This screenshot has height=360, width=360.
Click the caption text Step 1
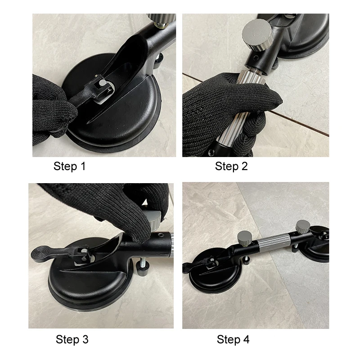click(69, 166)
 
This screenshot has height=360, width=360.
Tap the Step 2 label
click(231, 166)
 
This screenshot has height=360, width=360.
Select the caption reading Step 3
click(72, 339)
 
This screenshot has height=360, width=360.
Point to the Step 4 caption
click(233, 339)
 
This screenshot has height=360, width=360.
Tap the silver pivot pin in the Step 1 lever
click(102, 84)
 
